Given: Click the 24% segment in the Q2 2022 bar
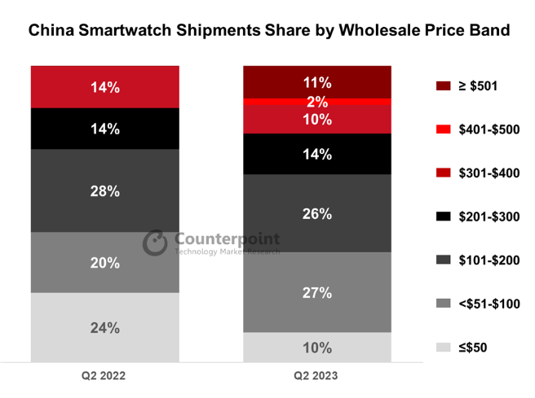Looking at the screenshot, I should [x=104, y=327].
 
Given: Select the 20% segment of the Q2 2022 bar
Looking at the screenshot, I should [x=104, y=262].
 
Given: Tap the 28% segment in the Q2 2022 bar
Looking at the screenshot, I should [x=104, y=190].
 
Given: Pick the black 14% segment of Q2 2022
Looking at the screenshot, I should [x=104, y=129].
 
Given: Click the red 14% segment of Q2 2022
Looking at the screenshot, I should [x=104, y=87].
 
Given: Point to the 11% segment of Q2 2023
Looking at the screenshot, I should [x=317, y=82].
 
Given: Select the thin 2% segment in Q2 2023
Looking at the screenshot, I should [x=317, y=102].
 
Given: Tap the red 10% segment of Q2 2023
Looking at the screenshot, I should [x=317, y=120].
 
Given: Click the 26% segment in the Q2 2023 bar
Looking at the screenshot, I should [x=317, y=213].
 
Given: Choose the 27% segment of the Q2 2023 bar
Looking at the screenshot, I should [x=317, y=292].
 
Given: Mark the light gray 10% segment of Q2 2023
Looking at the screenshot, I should [x=317, y=347].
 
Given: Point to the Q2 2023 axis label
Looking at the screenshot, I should [x=316, y=377].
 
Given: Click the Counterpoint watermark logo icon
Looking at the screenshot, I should [x=156, y=243].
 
